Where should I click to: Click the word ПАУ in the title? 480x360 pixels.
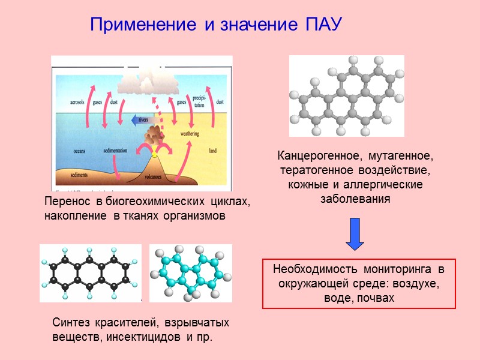pyautogui.click(x=319, y=25)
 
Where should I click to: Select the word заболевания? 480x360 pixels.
pyautogui.click(x=356, y=198)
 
